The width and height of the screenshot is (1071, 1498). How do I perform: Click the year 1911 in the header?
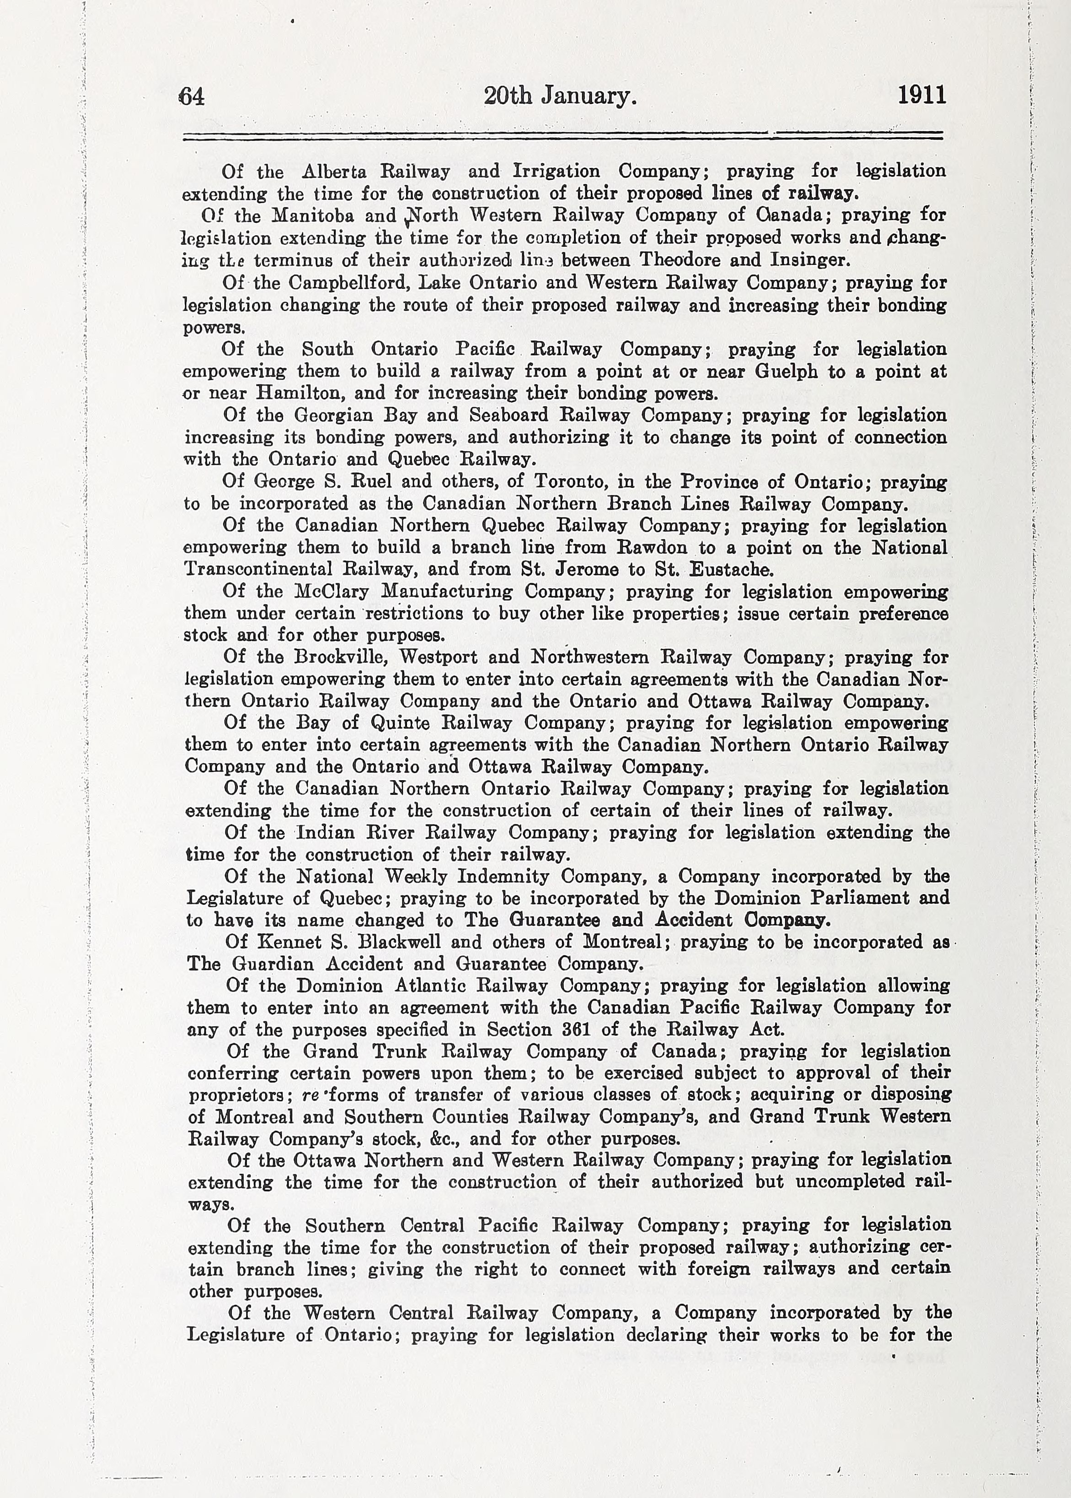click(x=921, y=95)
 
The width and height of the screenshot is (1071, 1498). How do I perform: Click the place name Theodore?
click(x=678, y=259)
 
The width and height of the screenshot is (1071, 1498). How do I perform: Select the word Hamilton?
click(x=298, y=393)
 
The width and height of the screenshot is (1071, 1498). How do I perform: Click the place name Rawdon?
click(x=652, y=548)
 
